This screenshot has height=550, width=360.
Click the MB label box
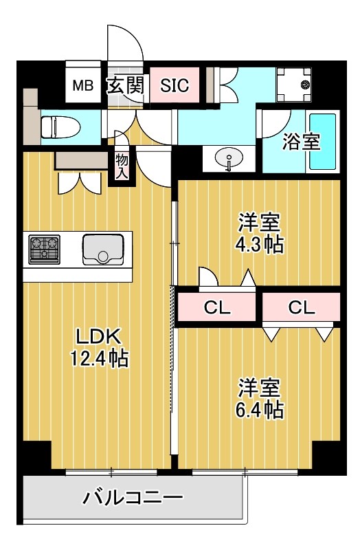point(84,86)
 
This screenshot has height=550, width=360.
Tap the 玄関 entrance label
point(124,86)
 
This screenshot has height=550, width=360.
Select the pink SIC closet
point(174,86)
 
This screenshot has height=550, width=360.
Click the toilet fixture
point(58,126)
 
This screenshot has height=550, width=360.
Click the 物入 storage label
point(122,165)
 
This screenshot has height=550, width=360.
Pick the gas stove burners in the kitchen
point(44,248)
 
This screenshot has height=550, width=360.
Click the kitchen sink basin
point(103,248)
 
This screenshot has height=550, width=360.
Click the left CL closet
point(217,307)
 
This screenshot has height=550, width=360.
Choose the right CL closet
point(301,307)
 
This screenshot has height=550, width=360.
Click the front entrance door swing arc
point(127,45)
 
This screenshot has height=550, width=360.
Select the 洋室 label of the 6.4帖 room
point(259,387)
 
